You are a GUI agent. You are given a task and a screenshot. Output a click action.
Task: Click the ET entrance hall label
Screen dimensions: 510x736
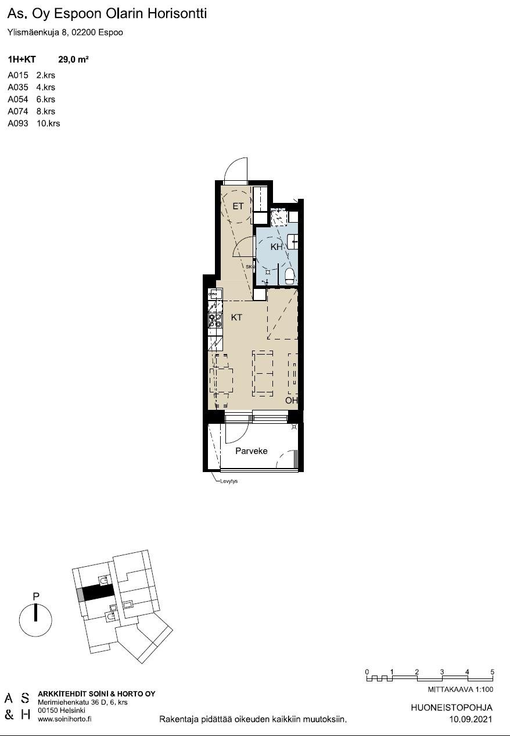[238, 206]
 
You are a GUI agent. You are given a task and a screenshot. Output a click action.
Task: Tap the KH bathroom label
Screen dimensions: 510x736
[276, 246]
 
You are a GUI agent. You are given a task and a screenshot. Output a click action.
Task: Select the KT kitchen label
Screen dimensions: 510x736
[236, 317]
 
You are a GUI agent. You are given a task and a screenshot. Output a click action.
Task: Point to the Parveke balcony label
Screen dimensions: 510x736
[251, 451]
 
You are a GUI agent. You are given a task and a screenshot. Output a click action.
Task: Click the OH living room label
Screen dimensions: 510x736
[291, 400]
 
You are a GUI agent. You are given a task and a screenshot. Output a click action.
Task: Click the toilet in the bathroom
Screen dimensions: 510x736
[289, 276]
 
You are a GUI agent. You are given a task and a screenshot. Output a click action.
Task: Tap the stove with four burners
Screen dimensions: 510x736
[215, 320]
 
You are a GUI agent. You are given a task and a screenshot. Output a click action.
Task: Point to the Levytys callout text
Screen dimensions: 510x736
[228, 481]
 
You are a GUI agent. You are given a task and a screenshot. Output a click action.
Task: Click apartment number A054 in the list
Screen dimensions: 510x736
[18, 99]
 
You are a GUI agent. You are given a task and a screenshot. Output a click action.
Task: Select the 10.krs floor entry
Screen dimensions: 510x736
[48, 124]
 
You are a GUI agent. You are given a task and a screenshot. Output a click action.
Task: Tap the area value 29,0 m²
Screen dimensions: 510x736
[73, 59]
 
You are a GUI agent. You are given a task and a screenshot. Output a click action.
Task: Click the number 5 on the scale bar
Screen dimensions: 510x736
[492, 672]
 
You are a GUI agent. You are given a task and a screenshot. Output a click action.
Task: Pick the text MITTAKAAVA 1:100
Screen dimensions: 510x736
[461, 689]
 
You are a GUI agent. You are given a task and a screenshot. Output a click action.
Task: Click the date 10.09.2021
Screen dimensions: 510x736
[471, 719]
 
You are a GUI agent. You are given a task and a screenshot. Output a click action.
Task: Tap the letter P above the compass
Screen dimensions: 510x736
[36, 596]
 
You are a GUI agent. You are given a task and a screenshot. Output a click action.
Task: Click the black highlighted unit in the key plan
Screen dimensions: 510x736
[98, 592]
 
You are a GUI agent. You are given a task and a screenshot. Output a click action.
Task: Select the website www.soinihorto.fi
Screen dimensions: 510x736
[64, 719]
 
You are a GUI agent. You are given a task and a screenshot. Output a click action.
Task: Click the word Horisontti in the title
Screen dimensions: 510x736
[177, 14]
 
